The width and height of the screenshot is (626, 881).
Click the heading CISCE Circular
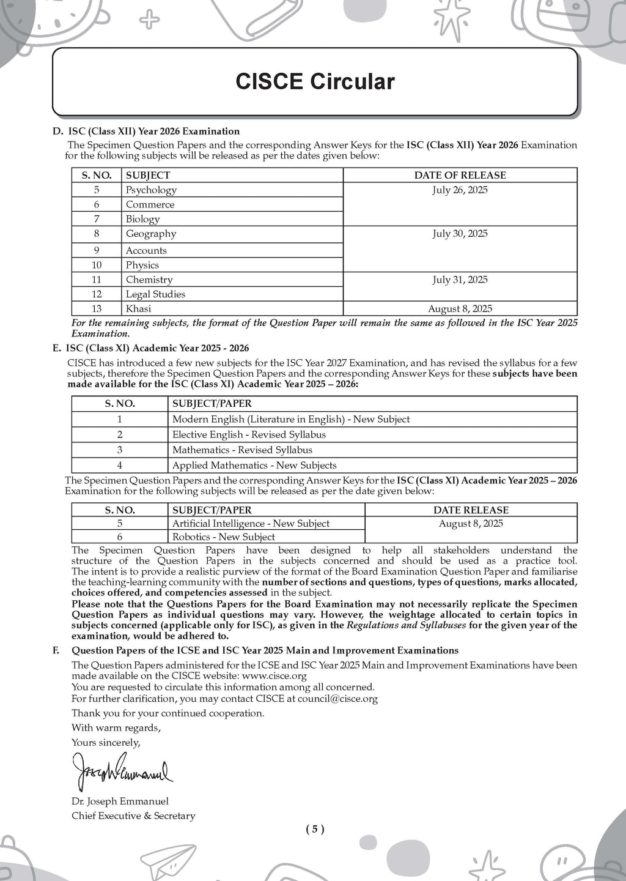(x=315, y=81)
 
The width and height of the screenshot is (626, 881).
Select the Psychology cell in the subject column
(x=151, y=190)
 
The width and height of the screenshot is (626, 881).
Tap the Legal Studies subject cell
(x=155, y=294)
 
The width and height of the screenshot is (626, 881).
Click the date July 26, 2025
(x=460, y=190)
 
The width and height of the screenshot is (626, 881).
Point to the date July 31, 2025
(x=460, y=280)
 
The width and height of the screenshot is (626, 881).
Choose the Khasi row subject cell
(x=138, y=309)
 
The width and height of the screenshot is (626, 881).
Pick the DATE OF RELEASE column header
(x=460, y=176)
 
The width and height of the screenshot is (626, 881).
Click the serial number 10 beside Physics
(x=97, y=266)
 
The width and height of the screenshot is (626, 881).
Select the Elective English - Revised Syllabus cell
(x=249, y=435)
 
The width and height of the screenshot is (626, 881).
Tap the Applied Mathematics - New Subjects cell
(x=254, y=466)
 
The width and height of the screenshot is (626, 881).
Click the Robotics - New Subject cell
(x=224, y=537)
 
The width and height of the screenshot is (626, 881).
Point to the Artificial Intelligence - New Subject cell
(x=251, y=524)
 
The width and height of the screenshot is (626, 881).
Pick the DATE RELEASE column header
(x=471, y=510)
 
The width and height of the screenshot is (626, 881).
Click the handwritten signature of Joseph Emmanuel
(x=122, y=770)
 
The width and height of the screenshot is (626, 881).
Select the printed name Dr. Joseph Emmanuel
(x=120, y=801)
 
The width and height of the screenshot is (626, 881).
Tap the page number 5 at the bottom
(x=315, y=830)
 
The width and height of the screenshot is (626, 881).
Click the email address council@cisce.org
(x=337, y=699)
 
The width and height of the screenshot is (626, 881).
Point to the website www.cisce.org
(x=274, y=676)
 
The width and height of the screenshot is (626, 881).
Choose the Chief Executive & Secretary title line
(x=133, y=816)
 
